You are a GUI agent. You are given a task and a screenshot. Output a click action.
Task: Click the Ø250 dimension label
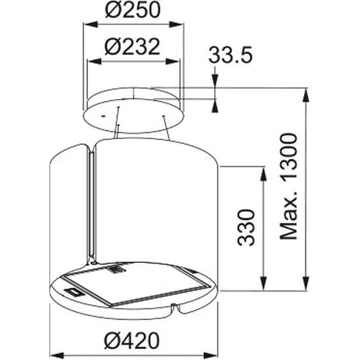[133, 12]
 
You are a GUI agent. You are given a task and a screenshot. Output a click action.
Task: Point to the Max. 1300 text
[291, 186]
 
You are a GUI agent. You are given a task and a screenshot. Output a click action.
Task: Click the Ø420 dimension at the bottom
[134, 339]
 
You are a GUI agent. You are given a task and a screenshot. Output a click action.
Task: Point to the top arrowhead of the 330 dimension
[262, 172]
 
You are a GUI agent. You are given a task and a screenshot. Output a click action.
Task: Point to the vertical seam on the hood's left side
[90, 199]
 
